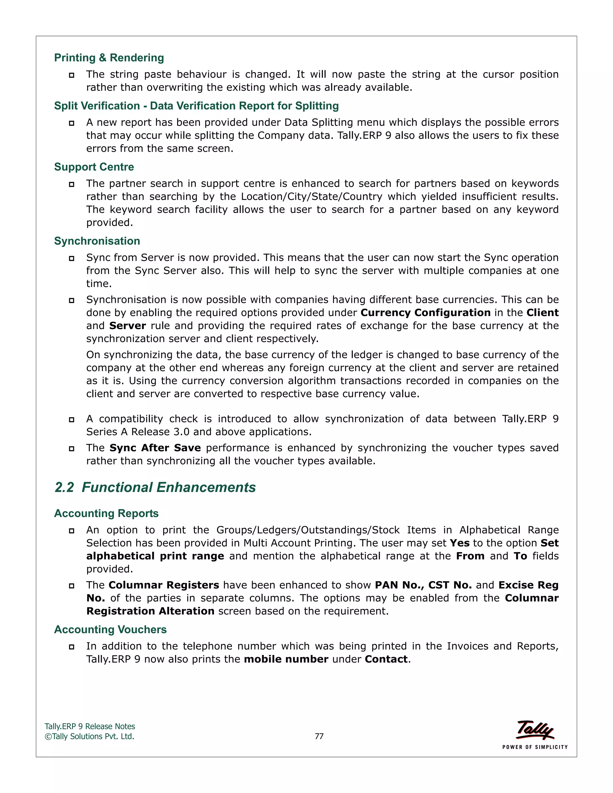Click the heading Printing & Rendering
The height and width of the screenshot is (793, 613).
coord(109,58)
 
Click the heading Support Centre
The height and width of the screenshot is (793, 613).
coord(94,167)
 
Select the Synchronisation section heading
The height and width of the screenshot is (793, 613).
coord(97,241)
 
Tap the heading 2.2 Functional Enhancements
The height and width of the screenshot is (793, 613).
coord(155,487)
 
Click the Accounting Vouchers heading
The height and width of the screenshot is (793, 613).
coord(110,629)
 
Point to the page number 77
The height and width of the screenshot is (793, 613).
coord(319,736)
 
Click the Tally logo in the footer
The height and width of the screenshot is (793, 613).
coord(535,730)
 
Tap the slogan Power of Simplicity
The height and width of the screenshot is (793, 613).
coord(535,747)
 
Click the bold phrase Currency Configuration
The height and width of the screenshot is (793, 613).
coord(425,313)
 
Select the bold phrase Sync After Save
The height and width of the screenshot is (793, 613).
coord(155,448)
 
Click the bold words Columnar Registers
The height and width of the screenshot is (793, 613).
coord(164,585)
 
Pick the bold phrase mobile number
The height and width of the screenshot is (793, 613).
coord(286,659)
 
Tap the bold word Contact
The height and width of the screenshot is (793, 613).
coord(386,659)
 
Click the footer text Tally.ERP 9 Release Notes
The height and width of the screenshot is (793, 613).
coord(90,727)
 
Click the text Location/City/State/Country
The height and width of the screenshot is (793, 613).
coord(312,196)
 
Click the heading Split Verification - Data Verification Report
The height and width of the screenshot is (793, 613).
coord(196,106)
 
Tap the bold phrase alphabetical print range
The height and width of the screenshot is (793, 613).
coord(155,556)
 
